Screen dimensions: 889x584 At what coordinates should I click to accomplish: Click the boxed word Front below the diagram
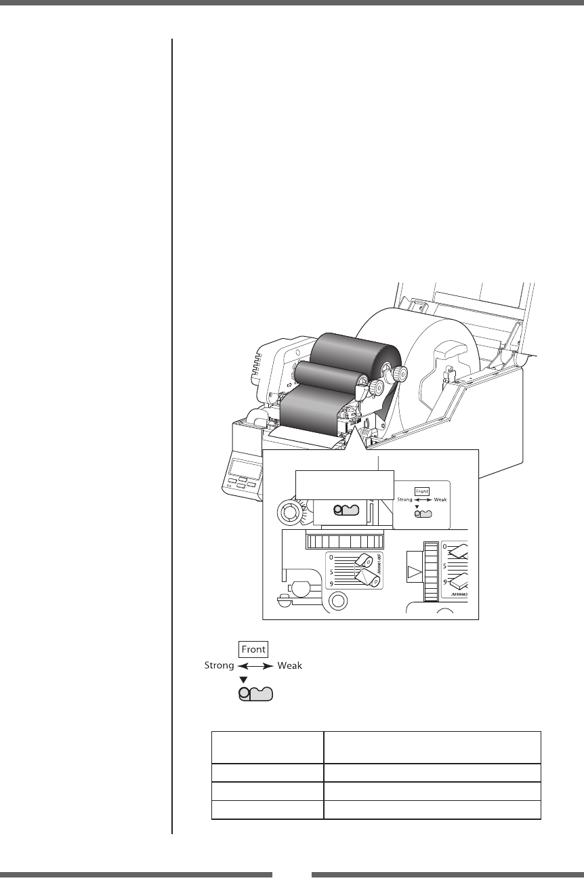(x=253, y=649)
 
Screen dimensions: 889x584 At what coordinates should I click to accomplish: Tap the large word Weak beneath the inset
(x=289, y=666)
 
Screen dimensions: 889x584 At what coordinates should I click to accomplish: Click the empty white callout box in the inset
(x=346, y=484)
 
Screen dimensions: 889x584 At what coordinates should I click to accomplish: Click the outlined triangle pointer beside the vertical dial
(x=413, y=572)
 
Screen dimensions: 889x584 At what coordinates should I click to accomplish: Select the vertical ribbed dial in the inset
(x=429, y=571)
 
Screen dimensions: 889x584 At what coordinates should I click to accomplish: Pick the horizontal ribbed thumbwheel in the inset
(x=343, y=541)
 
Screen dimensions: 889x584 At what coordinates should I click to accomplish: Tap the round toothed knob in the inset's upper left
(x=290, y=513)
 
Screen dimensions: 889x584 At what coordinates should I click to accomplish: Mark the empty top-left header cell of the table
(x=268, y=747)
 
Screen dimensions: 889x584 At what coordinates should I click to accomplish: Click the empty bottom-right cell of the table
(x=432, y=810)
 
